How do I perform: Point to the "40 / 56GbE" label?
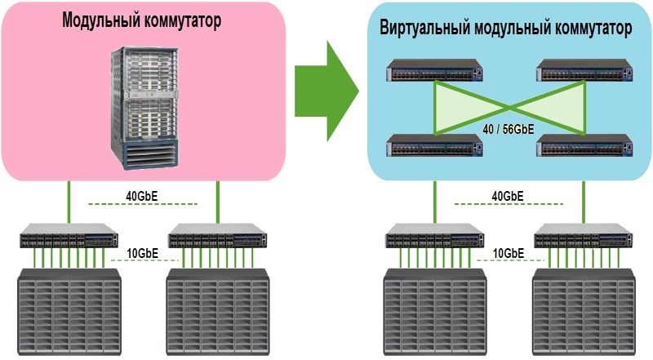[509, 128]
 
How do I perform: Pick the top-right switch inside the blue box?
[584, 73]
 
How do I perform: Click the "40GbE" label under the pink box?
[142, 196]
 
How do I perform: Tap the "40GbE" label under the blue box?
[508, 196]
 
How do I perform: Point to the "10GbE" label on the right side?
[508, 252]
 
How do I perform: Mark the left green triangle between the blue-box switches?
[461, 107]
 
